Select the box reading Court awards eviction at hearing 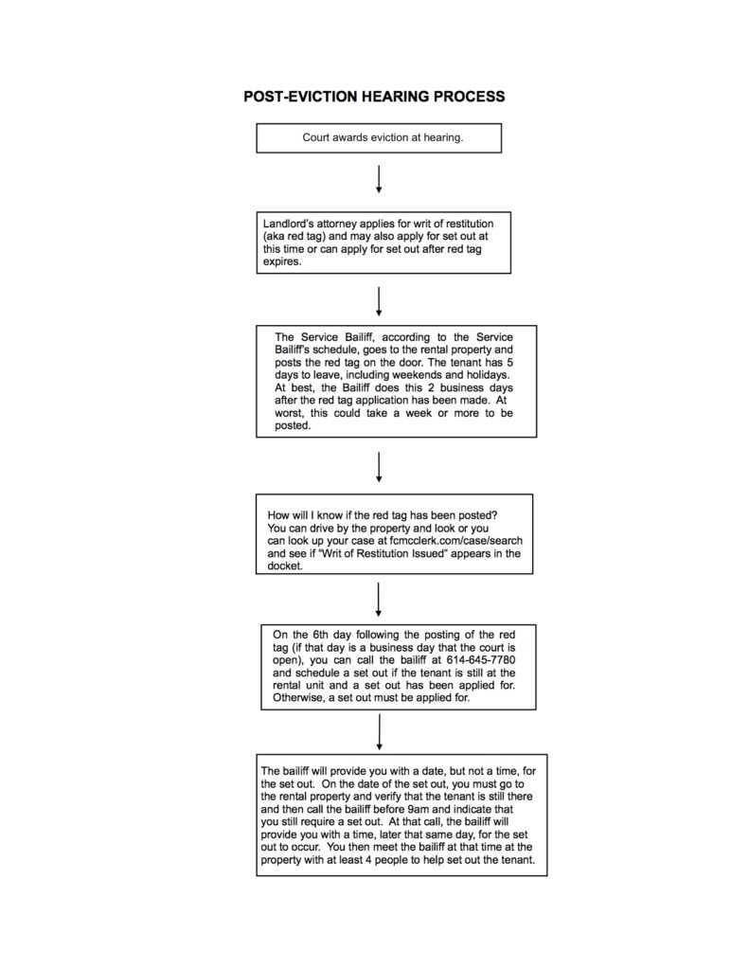tap(379, 138)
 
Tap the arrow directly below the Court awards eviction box tap(379, 179)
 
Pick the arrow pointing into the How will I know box tap(379, 466)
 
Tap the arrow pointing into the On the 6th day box tap(379, 599)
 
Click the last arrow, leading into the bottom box tap(379, 731)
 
